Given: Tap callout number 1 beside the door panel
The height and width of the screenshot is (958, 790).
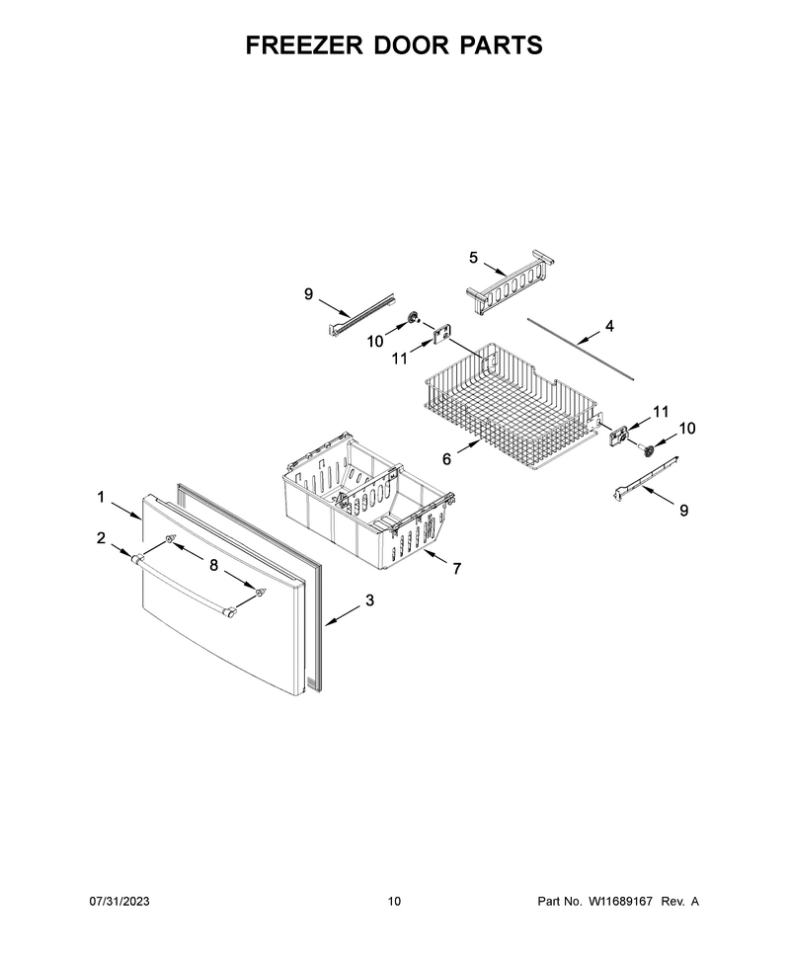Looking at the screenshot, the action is (101, 498).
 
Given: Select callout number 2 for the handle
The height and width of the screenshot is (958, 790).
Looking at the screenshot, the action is (101, 538).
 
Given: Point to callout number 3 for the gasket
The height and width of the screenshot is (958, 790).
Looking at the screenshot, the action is (369, 600).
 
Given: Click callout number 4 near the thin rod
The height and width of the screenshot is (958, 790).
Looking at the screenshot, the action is (609, 326).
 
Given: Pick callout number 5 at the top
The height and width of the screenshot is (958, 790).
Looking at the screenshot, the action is (474, 258).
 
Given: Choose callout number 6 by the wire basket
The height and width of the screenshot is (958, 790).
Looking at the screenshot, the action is (446, 459).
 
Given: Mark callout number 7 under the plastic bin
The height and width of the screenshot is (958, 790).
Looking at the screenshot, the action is (457, 569).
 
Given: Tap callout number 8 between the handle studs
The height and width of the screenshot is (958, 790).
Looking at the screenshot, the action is (214, 566).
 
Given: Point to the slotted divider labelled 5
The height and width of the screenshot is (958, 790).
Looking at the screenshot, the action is (510, 282).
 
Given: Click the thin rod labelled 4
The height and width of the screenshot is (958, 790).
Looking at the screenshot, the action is (581, 349).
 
